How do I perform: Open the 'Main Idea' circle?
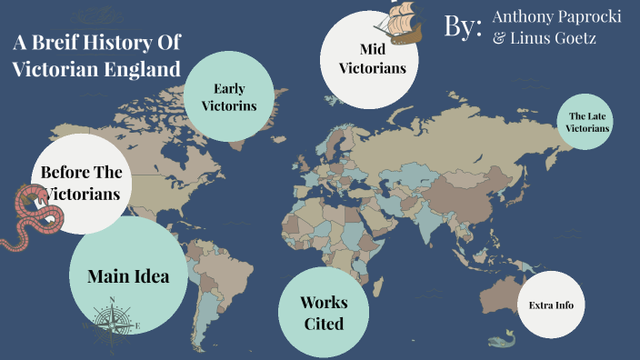click(128, 275)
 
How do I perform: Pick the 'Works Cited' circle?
click(323, 311)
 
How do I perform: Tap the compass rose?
click(112, 321)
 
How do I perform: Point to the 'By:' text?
click(463, 26)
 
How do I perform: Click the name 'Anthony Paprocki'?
click(556, 17)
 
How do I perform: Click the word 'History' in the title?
click(117, 43)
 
